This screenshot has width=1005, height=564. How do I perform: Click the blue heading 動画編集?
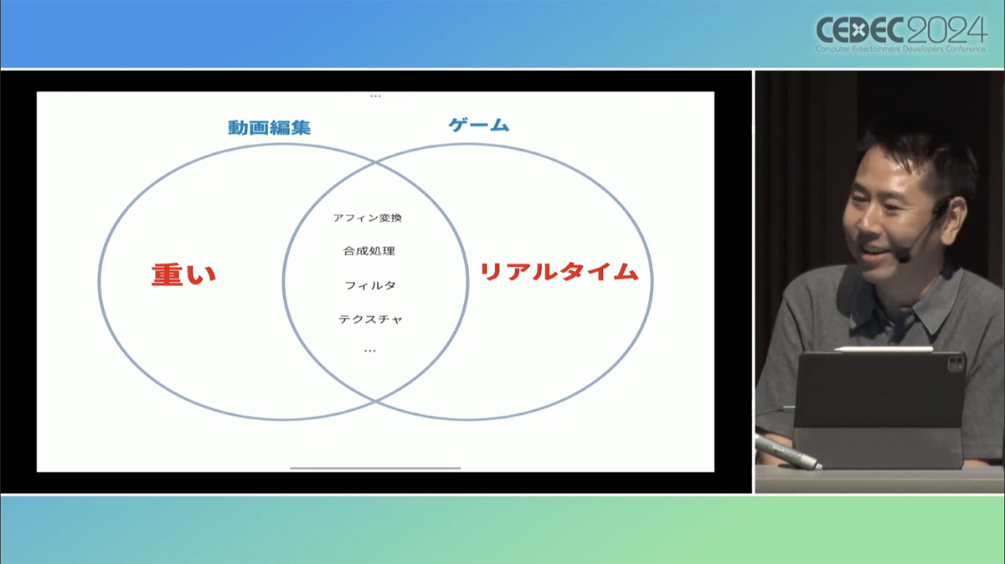269,128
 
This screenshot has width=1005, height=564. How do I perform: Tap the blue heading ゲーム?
479,125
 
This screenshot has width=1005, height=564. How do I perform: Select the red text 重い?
183,274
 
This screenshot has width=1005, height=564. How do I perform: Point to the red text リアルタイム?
559,272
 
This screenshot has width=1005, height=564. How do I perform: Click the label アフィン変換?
368,218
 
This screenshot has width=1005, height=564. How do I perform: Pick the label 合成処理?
369,251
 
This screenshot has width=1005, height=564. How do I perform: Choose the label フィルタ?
370,285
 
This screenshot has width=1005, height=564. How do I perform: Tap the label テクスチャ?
370,319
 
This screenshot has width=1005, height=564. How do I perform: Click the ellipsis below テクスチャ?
370,351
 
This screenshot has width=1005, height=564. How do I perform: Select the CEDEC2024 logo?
901,30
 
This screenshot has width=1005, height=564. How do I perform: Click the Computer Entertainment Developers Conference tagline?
900,49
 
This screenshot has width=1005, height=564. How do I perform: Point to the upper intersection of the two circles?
375,163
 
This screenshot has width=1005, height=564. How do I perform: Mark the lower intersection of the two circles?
375,401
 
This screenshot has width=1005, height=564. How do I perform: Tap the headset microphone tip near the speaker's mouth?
903,258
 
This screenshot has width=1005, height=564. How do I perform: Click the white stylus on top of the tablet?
884,349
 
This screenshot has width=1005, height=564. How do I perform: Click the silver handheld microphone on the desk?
788,452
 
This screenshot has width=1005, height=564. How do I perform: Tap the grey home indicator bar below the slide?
375,468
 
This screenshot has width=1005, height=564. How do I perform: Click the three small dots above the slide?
375,96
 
